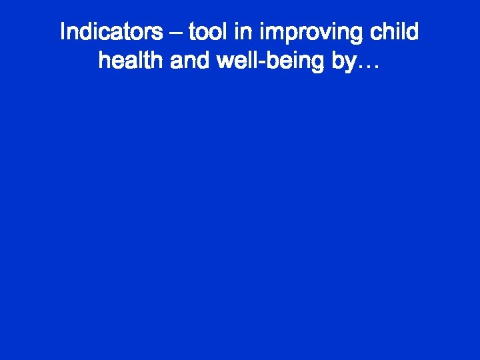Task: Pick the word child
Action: tap(395, 31)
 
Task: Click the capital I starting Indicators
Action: tap(63, 31)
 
